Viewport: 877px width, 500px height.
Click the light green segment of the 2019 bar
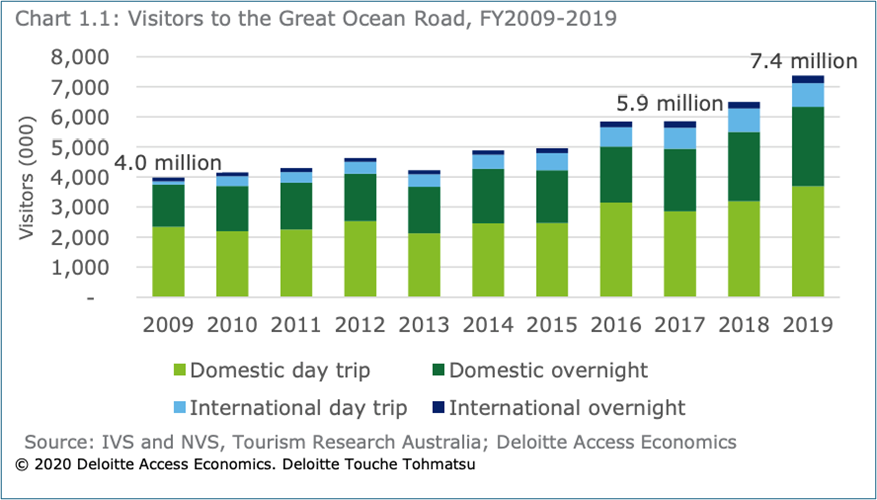[808, 241]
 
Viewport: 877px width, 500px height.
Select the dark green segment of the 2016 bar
[616, 175]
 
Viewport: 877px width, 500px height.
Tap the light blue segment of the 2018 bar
[744, 120]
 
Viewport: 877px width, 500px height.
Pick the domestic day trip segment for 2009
[168, 262]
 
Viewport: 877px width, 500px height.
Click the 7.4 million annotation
[803, 61]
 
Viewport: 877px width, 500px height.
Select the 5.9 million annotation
[667, 103]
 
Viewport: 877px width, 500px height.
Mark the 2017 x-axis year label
[680, 325]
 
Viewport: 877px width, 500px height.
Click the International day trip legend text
[297, 407]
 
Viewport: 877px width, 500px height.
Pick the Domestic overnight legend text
[548, 370]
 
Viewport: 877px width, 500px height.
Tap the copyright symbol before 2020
[21, 465]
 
